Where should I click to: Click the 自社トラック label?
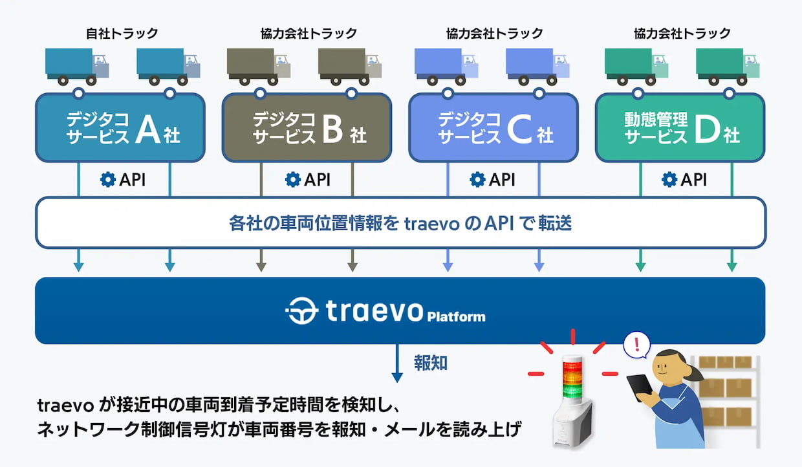[x=122, y=33]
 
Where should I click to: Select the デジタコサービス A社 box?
[x=120, y=127]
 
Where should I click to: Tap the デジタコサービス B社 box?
[x=307, y=127]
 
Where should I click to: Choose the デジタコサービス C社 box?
[x=493, y=127]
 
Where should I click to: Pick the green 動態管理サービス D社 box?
[x=680, y=127]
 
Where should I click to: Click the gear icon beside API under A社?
[x=108, y=179]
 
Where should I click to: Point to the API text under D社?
[x=693, y=179]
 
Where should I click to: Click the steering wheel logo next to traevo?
[x=302, y=310]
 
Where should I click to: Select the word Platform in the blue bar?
[x=456, y=316]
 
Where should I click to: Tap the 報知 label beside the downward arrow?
[x=431, y=363]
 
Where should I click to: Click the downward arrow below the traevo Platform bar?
[x=397, y=363]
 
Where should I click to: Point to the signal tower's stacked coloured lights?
[x=573, y=379]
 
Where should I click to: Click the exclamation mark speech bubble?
[x=637, y=345]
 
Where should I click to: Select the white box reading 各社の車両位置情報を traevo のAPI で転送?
[x=400, y=223]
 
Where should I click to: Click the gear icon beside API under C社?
[x=477, y=179]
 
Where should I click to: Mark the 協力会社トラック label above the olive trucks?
[x=309, y=33]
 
